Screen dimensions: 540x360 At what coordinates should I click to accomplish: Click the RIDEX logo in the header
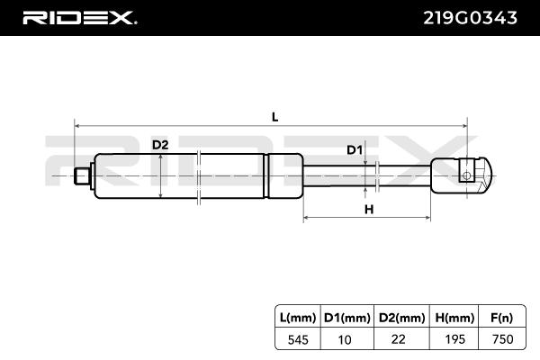coord(79,17)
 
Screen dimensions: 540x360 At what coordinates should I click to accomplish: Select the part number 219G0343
coord(471,17)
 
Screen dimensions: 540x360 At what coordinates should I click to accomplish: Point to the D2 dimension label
coord(159,145)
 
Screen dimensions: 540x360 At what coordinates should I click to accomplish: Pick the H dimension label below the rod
coord(368,210)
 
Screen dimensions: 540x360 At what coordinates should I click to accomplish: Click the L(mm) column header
coord(297,317)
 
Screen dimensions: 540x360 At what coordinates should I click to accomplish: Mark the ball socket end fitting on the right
coord(464,174)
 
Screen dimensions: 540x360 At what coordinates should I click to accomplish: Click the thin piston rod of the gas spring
coord(369,175)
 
